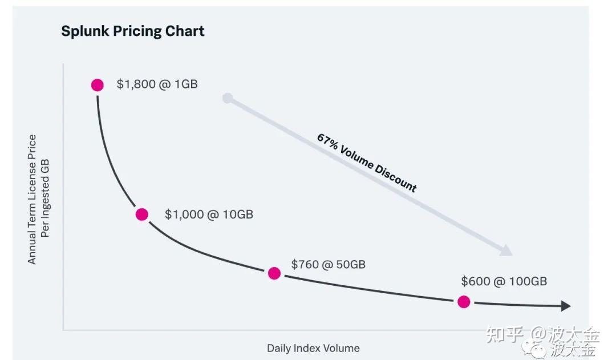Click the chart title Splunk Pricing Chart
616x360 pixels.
coord(132,31)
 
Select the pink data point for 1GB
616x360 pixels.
coord(98,85)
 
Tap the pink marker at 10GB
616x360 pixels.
coord(142,215)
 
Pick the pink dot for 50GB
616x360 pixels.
coord(274,273)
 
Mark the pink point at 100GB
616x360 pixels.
coord(464,302)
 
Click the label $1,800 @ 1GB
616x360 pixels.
coord(157,84)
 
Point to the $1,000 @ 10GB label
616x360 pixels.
coord(209,215)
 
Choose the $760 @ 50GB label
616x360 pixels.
coord(328,264)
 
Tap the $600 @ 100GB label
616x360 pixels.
coord(504,281)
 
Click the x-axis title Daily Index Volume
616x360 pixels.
coord(313,348)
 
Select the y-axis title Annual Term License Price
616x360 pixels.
coord(32,199)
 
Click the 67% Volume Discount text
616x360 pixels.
coord(367,163)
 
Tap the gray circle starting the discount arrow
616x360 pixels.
coord(228,98)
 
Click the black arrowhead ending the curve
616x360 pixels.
coord(565,306)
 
